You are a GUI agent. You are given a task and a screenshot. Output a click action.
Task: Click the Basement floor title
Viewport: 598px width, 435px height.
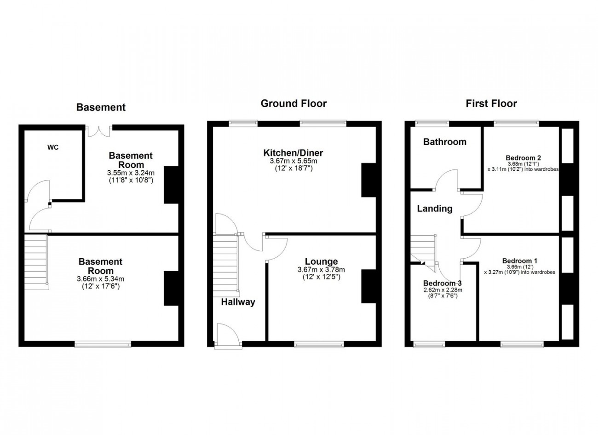(x=101, y=107)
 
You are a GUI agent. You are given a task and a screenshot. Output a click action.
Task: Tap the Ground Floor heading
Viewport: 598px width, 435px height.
(x=293, y=104)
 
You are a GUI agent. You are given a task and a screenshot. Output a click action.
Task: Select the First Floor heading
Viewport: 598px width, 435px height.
(x=491, y=104)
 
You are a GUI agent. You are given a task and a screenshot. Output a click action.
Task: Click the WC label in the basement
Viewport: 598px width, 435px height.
(x=53, y=147)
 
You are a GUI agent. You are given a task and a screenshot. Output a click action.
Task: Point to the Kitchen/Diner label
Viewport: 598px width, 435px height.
(x=293, y=153)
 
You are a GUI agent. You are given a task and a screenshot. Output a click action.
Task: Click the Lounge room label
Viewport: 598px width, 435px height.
(x=322, y=261)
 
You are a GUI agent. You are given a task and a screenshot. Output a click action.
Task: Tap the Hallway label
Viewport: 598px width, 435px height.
(x=238, y=302)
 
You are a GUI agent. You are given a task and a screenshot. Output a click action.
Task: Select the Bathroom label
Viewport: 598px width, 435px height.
(x=445, y=142)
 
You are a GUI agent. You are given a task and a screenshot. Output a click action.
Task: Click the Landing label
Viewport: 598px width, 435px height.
(x=435, y=209)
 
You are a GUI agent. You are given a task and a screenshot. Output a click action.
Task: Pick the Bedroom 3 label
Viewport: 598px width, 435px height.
(x=443, y=283)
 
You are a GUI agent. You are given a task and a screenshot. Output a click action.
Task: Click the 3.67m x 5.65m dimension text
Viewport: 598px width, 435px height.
(x=293, y=161)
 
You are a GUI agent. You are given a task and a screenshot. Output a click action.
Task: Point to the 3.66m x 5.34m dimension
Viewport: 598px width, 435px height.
(x=100, y=279)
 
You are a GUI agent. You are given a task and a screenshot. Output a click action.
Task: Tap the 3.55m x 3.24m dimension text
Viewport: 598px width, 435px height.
(x=131, y=173)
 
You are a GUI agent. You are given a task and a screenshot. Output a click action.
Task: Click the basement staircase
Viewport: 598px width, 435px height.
(x=37, y=262)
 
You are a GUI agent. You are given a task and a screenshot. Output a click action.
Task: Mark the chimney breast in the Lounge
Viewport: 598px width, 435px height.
(x=368, y=286)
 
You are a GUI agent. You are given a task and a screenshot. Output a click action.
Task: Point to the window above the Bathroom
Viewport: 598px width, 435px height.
(x=432, y=123)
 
